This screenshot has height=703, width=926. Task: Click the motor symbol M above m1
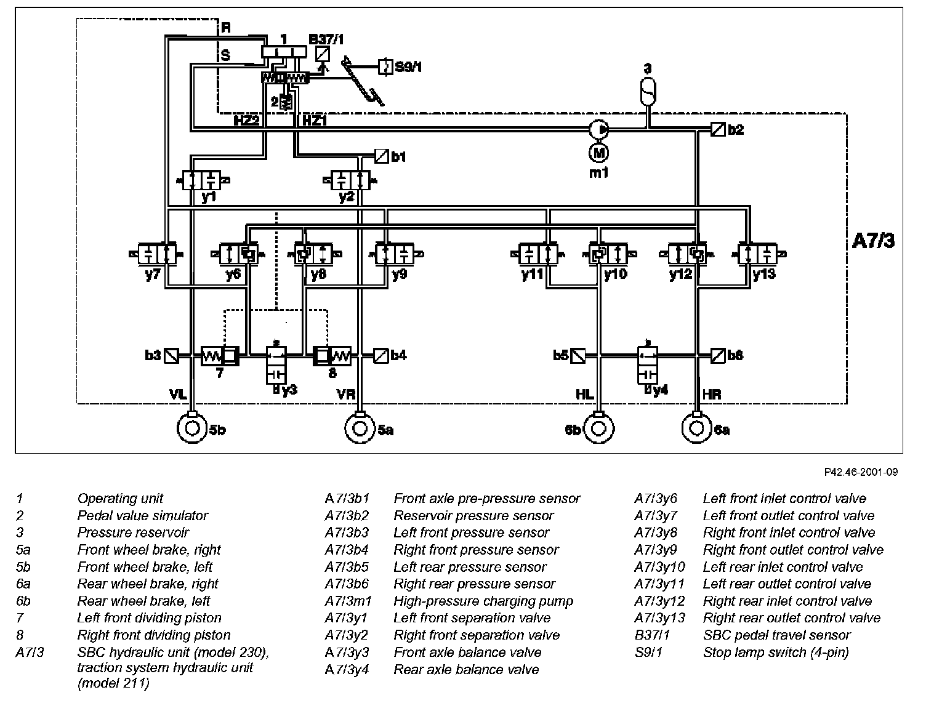598,153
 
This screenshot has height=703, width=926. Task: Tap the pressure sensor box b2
718,129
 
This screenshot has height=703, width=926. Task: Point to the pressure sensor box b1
381,156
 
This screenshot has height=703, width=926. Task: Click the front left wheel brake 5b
192,428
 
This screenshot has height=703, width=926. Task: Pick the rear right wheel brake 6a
696,428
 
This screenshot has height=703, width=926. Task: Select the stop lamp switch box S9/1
385,66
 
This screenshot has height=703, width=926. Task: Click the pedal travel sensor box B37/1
323,54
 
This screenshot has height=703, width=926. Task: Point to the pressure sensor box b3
171,356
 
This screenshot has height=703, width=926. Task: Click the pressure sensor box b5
578,356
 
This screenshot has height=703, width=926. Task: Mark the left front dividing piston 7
220,356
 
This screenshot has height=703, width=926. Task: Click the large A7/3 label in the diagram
873,241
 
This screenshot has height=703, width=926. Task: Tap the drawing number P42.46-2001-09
861,472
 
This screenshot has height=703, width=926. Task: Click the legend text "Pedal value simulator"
143,515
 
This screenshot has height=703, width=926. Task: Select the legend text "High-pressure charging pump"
483,601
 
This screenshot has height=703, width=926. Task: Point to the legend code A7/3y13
659,618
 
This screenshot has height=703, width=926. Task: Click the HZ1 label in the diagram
315,121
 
